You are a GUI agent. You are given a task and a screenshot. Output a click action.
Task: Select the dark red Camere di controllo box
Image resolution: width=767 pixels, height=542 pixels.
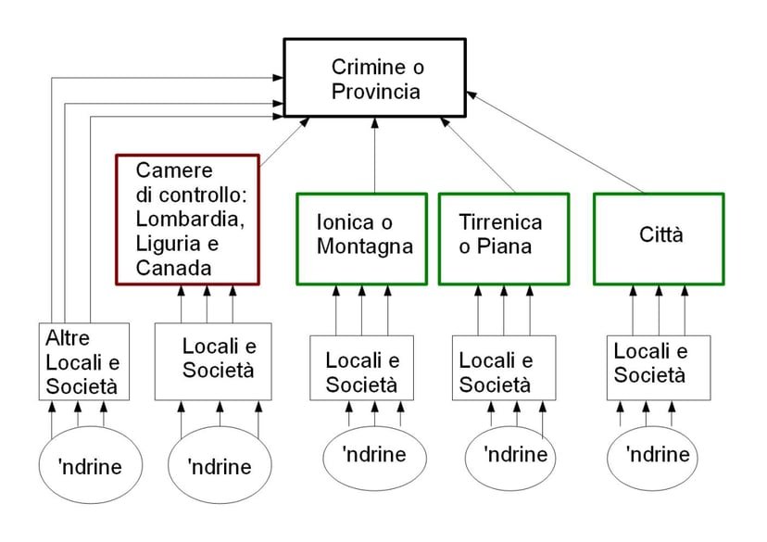[187, 219]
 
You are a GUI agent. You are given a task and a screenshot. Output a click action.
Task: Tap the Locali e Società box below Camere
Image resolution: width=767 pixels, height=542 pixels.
[212, 361]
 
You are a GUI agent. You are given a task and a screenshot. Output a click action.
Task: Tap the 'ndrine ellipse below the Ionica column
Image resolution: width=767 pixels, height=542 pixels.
[373, 454]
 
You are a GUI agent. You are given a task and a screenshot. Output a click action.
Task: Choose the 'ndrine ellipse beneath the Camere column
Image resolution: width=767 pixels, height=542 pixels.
[220, 466]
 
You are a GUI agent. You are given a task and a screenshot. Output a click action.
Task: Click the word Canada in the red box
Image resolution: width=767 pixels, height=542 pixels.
[171, 268]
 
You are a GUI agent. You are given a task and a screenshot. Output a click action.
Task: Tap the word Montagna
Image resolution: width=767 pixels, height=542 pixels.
[364, 247]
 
